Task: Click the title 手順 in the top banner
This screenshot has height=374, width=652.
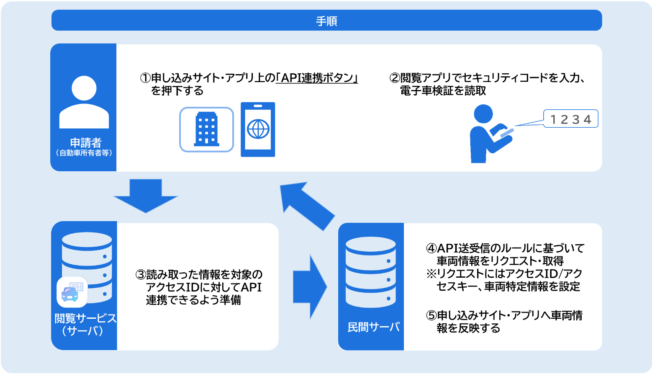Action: tap(326, 21)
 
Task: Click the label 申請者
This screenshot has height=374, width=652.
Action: tap(85, 142)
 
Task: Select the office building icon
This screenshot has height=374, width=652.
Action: tap(206, 129)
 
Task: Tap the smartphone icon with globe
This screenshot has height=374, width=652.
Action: tap(258, 129)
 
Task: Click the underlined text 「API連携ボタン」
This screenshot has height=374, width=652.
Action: tap(317, 78)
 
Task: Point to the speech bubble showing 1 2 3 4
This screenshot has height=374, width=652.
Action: tap(570, 119)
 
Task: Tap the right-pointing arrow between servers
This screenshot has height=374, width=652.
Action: tap(310, 287)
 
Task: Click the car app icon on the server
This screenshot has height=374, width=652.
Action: tap(72, 292)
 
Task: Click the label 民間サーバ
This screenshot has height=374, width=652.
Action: tap(373, 327)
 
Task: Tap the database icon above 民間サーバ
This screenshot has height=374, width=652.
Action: tap(371, 272)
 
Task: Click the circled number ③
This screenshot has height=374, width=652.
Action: tap(141, 275)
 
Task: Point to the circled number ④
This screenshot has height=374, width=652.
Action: tap(431, 248)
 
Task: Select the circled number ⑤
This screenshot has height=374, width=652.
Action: tap(431, 315)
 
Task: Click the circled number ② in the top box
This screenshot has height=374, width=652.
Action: tap(395, 78)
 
